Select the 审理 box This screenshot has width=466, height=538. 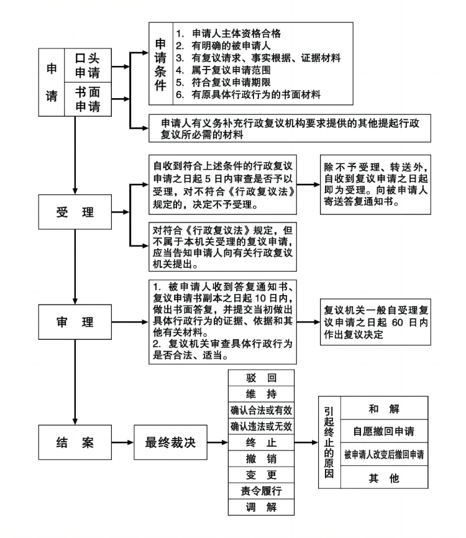pos(74,323)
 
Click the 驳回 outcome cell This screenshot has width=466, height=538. pos(261,377)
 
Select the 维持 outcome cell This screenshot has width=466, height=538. pos(261,394)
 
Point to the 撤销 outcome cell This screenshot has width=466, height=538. pos(261,459)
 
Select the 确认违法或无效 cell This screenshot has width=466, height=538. pos(261,426)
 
